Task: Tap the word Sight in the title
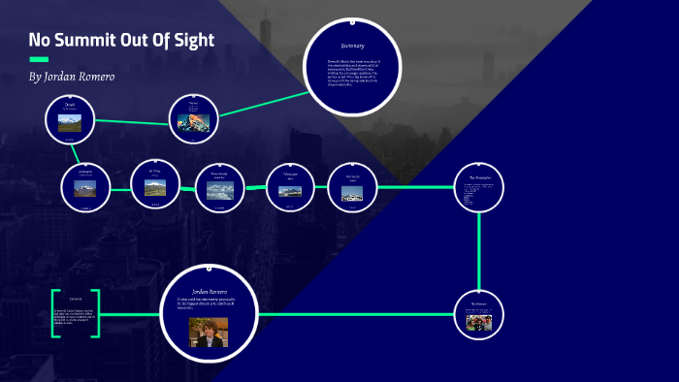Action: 189,41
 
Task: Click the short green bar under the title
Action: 39,59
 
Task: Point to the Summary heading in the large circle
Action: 352,46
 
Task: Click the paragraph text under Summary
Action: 352,71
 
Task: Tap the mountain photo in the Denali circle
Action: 69,124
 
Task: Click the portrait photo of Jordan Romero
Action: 208,332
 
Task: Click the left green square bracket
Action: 54,312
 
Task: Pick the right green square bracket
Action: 96,312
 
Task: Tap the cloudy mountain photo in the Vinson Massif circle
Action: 219,191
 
